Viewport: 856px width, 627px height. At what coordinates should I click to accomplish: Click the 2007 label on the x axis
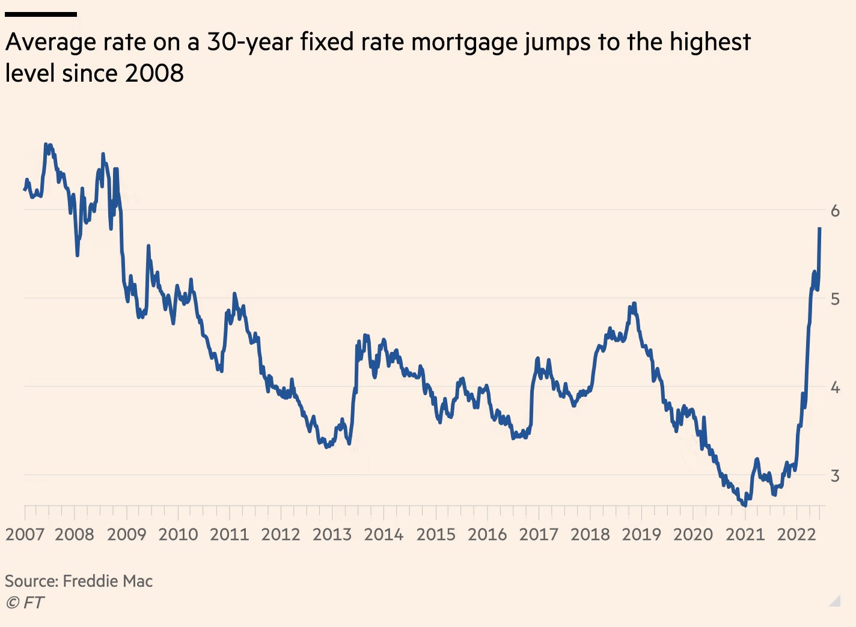[x=25, y=534]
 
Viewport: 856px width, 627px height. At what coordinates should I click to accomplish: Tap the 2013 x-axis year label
[x=332, y=534]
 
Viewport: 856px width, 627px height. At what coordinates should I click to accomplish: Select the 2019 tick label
[x=641, y=534]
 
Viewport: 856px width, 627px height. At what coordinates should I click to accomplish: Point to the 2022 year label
[x=796, y=534]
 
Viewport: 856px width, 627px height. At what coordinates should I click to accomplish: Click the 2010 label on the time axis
[x=178, y=534]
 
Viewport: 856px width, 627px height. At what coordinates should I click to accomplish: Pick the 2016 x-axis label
[x=487, y=534]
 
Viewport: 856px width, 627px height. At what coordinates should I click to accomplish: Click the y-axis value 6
[x=835, y=211]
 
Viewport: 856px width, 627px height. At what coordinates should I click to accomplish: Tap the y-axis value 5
[x=835, y=299]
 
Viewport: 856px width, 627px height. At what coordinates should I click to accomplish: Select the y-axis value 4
[x=835, y=387]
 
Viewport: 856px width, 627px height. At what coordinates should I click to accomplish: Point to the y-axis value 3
[x=835, y=476]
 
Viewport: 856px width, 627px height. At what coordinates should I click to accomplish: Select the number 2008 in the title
[x=154, y=74]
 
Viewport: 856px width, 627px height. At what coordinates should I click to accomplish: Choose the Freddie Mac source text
[x=108, y=581]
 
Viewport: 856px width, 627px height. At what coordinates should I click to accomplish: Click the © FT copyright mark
[x=25, y=602]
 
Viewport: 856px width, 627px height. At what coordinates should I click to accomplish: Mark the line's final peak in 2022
[x=820, y=229]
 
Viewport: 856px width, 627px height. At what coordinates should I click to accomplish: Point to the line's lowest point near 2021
[x=745, y=506]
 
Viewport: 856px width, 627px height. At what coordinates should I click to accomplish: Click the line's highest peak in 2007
[x=47, y=145]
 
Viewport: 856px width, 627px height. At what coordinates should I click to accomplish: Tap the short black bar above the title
[x=40, y=14]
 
